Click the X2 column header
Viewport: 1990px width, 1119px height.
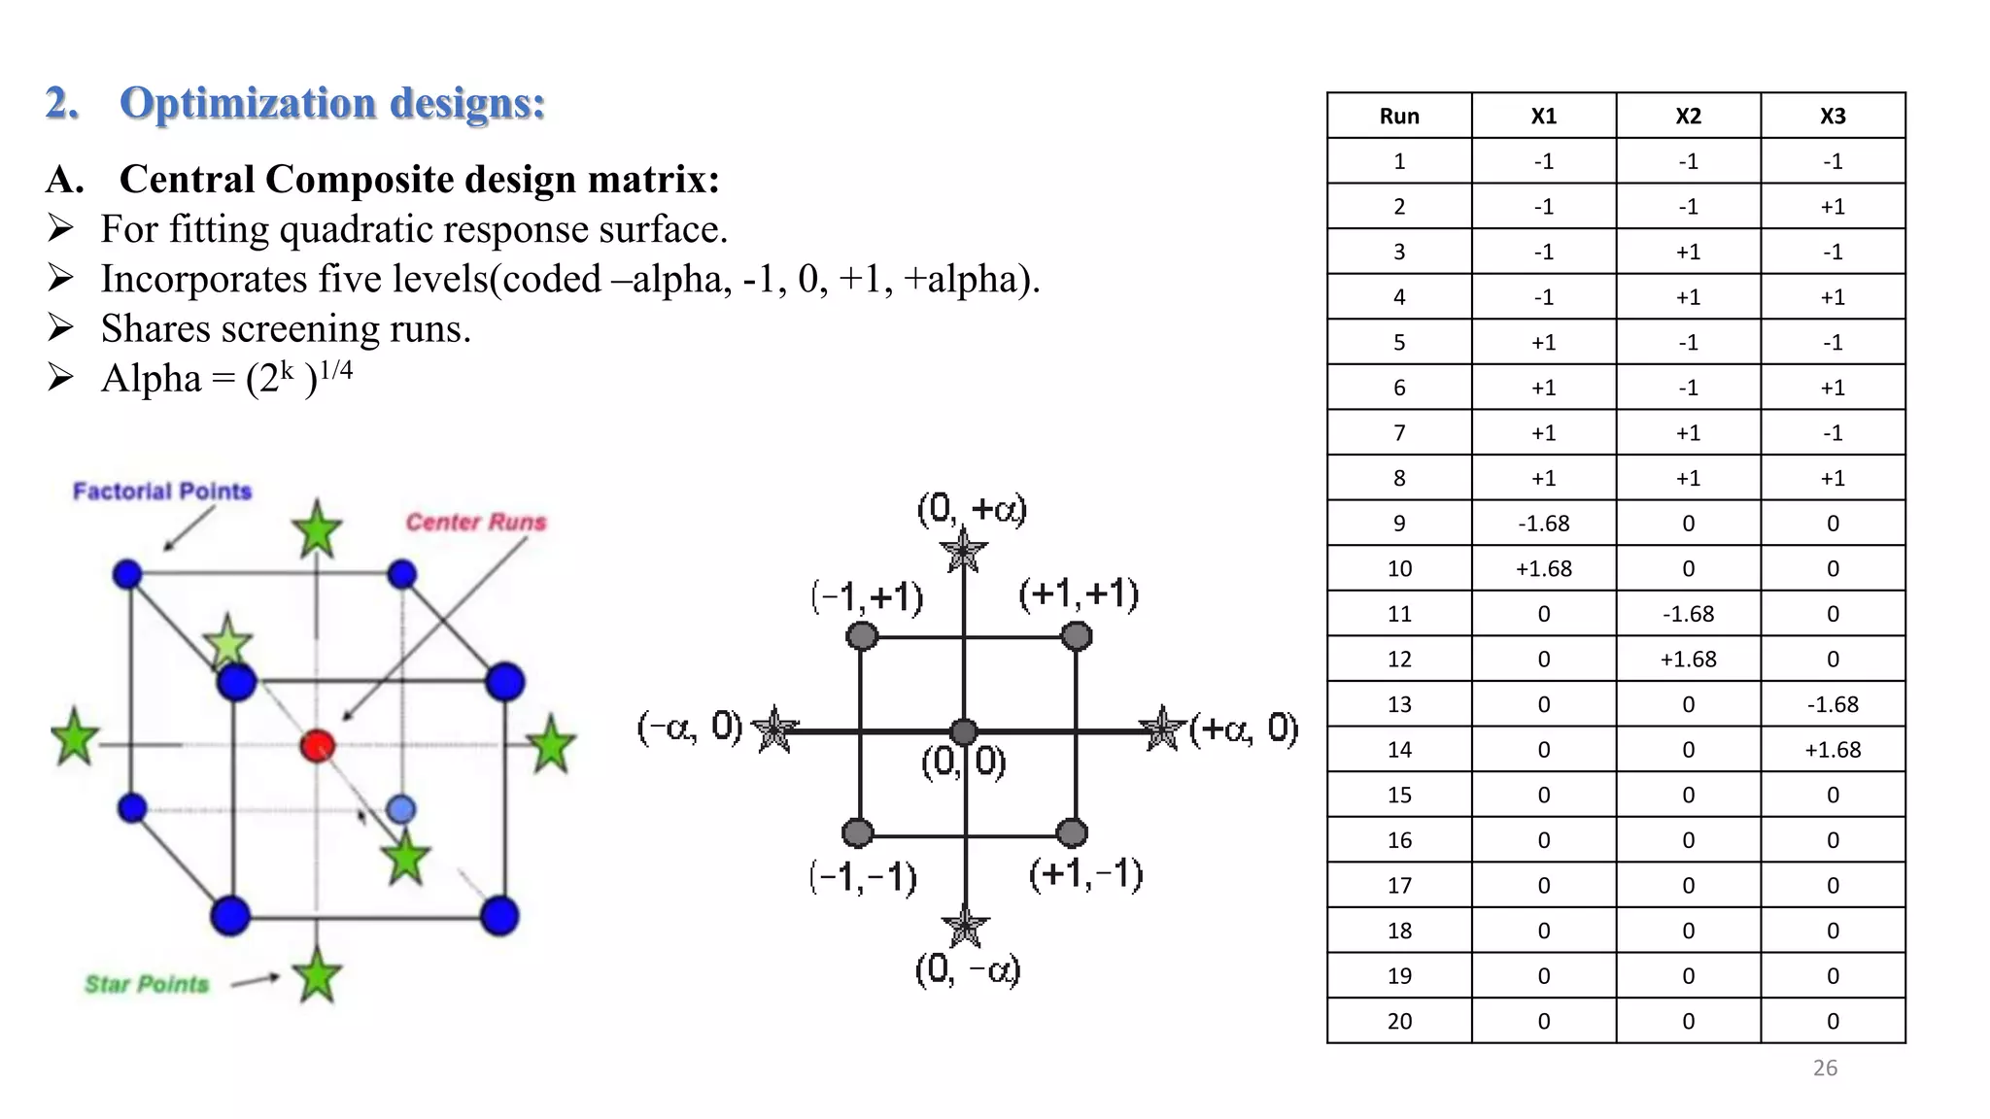click(x=1688, y=116)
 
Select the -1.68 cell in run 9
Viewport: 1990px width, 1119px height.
click(x=1543, y=524)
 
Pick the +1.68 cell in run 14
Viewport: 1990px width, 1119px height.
click(x=1832, y=750)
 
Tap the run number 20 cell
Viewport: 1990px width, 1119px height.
click(x=1399, y=1021)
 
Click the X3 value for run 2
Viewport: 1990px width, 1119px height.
click(x=1832, y=207)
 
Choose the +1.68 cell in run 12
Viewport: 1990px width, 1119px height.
click(x=1688, y=660)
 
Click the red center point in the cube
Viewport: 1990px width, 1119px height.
click(x=318, y=746)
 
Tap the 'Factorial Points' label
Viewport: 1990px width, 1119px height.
click(x=162, y=492)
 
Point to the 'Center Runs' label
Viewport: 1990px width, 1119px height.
click(x=476, y=523)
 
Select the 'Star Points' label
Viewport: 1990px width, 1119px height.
click(x=147, y=984)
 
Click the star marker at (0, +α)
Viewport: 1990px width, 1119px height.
click(x=964, y=552)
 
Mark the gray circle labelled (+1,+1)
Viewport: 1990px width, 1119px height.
click(x=1077, y=636)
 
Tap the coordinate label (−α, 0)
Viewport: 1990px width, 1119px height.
click(x=690, y=727)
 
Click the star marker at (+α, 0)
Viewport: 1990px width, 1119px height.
click(x=1162, y=729)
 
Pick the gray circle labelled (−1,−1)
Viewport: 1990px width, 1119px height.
click(x=858, y=832)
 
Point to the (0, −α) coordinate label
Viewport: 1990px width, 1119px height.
click(x=968, y=969)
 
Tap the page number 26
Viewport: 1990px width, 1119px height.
click(x=1825, y=1068)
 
